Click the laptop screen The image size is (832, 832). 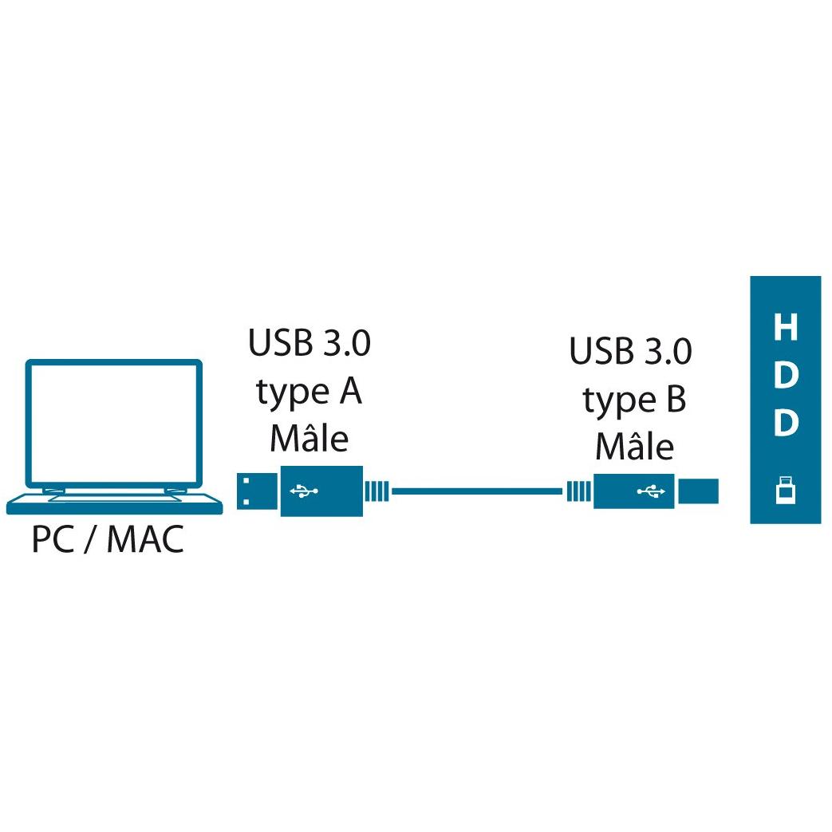[x=114, y=424]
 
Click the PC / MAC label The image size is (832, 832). [x=108, y=539]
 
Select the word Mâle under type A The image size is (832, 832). [x=310, y=439]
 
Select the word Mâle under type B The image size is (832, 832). [x=635, y=447]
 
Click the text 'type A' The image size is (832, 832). [x=310, y=392]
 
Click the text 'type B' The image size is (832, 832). [x=635, y=400]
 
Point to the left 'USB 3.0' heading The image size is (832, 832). [x=310, y=343]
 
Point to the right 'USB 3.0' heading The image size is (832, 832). [x=631, y=351]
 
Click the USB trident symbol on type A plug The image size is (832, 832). [x=304, y=491]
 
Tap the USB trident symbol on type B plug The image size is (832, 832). [x=651, y=491]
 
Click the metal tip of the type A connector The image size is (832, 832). [x=258, y=491]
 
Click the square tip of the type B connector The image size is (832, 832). [x=699, y=491]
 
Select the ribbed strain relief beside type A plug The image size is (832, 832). [x=377, y=491]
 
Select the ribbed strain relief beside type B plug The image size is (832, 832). [x=579, y=491]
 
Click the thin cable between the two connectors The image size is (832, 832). [x=476, y=491]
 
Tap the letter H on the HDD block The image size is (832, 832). [x=786, y=326]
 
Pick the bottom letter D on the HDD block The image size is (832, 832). [x=786, y=422]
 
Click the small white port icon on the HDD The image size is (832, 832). [x=785, y=490]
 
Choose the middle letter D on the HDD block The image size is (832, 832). [x=786, y=375]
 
